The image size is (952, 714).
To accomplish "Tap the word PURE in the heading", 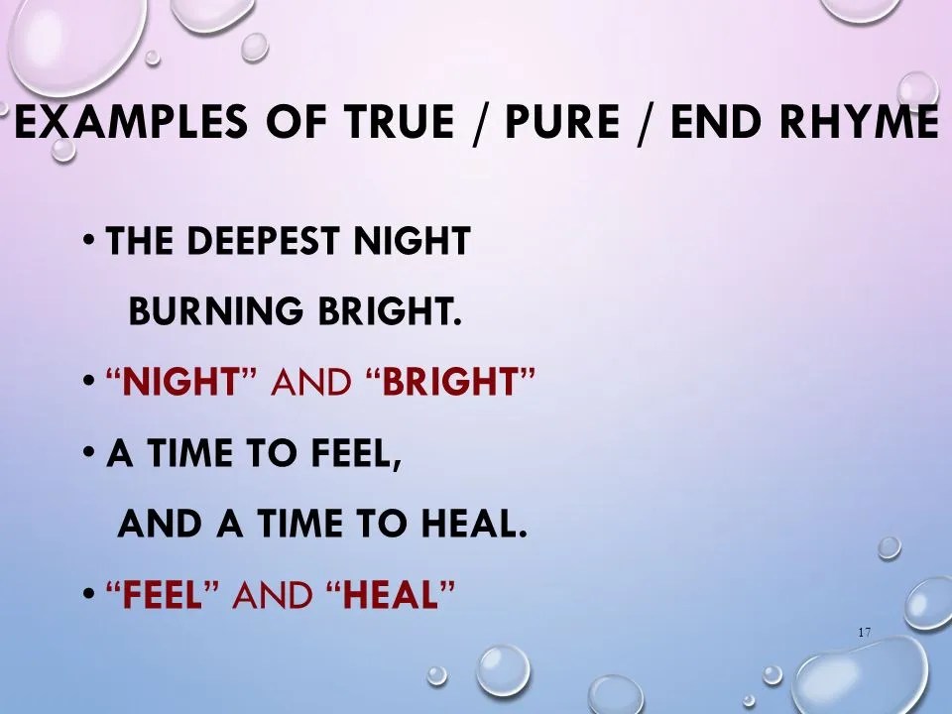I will pyautogui.click(x=564, y=124).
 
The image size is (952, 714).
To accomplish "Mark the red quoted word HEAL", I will pyautogui.click(x=391, y=596).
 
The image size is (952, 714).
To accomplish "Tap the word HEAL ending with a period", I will pyautogui.click(x=474, y=526).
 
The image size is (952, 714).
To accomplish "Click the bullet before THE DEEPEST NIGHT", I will pyautogui.click(x=89, y=240).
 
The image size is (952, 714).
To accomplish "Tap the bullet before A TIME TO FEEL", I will pyautogui.click(x=89, y=453).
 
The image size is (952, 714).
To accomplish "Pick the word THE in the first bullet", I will pyautogui.click(x=135, y=242).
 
